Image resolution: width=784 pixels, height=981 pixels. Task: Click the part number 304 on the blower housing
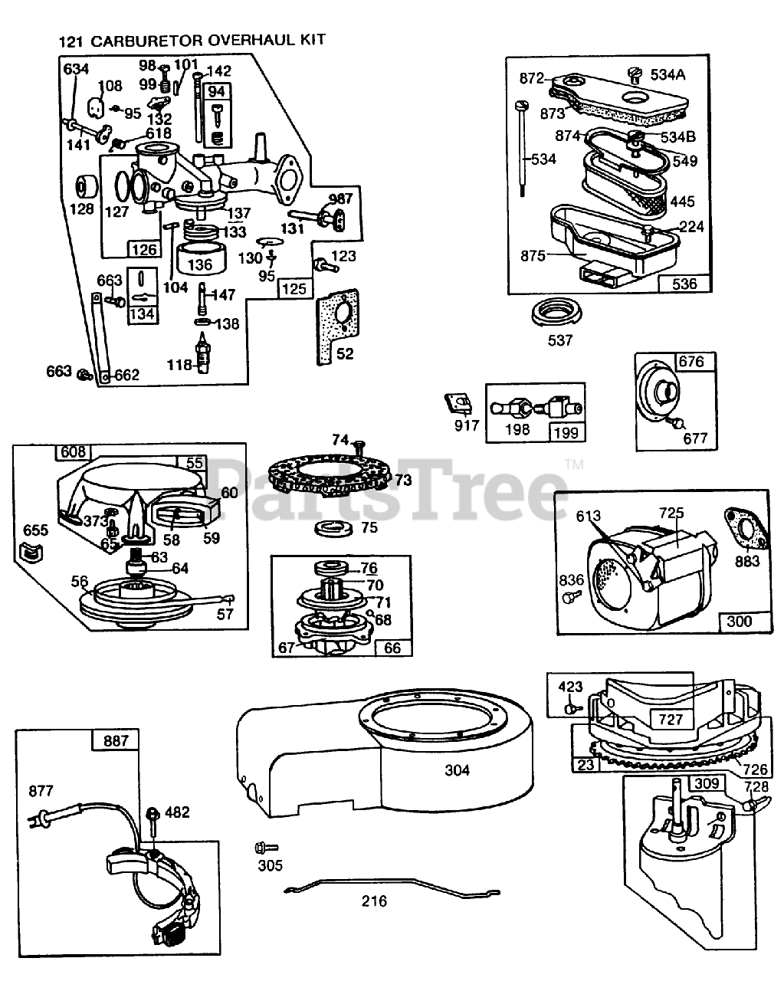pos(457,770)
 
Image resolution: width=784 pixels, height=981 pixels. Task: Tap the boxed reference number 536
pos(684,284)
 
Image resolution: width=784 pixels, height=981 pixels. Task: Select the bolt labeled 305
pos(266,847)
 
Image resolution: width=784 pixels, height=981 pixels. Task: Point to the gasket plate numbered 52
pos(337,326)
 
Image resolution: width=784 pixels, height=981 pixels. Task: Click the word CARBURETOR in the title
pos(146,41)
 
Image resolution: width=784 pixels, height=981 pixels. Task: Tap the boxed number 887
pos(116,741)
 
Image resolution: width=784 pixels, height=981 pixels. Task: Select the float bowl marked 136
pos(201,258)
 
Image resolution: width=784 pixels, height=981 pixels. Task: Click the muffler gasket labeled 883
pos(746,530)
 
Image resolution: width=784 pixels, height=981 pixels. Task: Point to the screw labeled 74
pos(359,448)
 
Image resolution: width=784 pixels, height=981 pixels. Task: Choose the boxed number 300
pos(739,622)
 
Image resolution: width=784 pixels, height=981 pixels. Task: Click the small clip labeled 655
pos(31,553)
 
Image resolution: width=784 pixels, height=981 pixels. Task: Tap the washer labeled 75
pos(333,530)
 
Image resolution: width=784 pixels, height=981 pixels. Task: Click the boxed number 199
pos(566,432)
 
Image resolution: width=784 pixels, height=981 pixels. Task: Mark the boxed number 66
pos(392,648)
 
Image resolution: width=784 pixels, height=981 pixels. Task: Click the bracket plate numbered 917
pos(459,403)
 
